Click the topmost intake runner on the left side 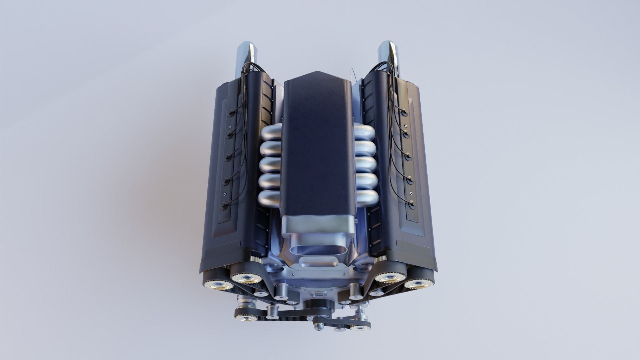tap(272, 133)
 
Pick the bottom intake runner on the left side tap(269, 199)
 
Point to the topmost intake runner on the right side tap(364, 132)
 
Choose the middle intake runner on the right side tap(366, 165)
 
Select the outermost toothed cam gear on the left tap(218, 284)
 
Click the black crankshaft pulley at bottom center tap(318, 305)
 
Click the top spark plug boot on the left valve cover tap(230, 113)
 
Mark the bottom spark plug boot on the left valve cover tap(225, 205)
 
